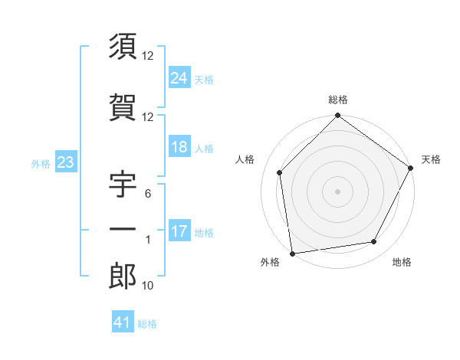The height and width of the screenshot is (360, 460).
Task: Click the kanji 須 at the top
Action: (x=123, y=47)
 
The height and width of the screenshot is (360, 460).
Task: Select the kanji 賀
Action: (x=123, y=108)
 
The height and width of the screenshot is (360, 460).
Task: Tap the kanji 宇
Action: (x=123, y=186)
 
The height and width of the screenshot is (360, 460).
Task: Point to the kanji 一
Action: (x=123, y=230)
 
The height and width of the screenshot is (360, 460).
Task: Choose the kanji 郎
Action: (x=123, y=277)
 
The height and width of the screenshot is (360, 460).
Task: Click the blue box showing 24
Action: (x=179, y=77)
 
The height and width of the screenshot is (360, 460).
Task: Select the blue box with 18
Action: (x=179, y=147)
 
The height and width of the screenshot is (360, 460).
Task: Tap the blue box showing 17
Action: (x=179, y=231)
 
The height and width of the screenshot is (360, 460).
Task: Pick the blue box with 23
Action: (x=65, y=162)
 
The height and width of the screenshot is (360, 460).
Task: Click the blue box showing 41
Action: (x=123, y=322)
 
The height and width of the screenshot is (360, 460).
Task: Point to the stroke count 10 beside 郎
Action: (x=149, y=286)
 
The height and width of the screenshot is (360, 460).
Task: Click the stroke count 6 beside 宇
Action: (x=149, y=195)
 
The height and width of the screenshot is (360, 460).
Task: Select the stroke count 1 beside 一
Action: (x=149, y=240)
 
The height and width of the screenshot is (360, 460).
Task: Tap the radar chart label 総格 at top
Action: (x=338, y=100)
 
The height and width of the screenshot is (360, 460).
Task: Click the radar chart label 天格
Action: (x=432, y=159)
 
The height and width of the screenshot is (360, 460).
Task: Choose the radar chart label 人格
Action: (x=245, y=159)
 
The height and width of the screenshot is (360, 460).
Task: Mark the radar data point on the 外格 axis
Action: (x=292, y=253)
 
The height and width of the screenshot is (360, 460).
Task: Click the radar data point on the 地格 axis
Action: (x=374, y=242)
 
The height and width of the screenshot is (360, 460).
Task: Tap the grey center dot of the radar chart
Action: (x=337, y=191)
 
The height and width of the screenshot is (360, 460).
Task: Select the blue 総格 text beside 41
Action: (x=147, y=324)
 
